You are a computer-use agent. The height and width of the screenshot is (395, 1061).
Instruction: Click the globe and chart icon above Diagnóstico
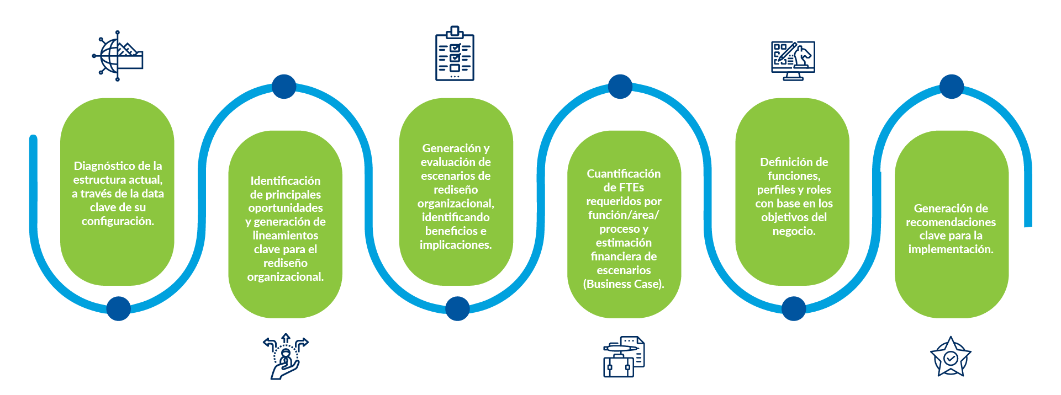click(x=118, y=56)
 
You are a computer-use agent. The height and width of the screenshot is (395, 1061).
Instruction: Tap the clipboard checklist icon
click(x=455, y=54)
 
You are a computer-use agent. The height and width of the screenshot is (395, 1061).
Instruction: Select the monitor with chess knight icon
click(x=793, y=60)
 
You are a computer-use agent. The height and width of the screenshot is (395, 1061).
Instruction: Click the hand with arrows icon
click(x=286, y=356)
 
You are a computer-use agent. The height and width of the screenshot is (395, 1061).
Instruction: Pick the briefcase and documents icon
click(x=624, y=357)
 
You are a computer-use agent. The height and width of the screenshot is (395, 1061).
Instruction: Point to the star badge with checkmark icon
click(x=951, y=357)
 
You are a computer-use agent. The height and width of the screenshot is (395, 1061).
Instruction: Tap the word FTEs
click(x=631, y=188)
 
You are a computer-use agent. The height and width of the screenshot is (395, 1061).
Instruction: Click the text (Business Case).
click(x=624, y=284)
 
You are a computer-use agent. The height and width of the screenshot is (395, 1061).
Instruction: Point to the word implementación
click(x=951, y=249)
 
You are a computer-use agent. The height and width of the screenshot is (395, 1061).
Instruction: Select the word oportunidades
click(x=285, y=208)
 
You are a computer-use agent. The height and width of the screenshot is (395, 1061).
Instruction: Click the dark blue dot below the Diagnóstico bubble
click(x=119, y=308)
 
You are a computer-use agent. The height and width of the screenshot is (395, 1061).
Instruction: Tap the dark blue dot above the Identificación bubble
click(x=284, y=87)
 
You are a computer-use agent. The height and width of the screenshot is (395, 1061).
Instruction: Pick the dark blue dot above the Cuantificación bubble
click(x=620, y=87)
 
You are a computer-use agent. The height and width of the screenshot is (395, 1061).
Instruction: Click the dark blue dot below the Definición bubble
click(x=794, y=308)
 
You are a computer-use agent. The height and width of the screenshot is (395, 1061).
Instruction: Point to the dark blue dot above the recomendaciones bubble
click(x=952, y=87)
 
